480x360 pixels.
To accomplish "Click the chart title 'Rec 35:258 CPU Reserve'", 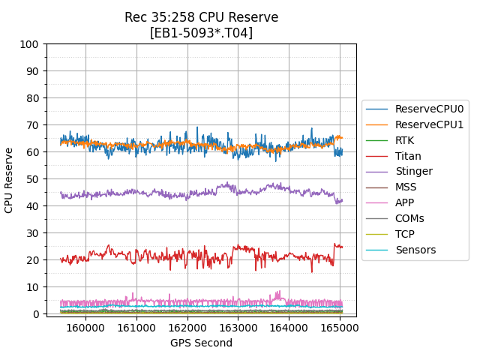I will pos(201,17).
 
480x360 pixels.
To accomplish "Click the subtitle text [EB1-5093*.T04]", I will pos(201,33).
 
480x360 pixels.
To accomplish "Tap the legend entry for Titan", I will pos(408,156).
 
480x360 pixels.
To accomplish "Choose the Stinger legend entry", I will pos(413,172).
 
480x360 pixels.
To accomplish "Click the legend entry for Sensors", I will pos(415,250).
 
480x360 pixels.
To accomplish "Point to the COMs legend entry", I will pos(409,218).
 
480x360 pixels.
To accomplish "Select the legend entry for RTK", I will pos(404,140).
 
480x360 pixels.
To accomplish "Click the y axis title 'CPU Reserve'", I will pos(10,180).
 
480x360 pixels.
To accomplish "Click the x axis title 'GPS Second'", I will pos(201,343).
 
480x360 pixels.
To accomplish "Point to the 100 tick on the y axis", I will pos(30,44).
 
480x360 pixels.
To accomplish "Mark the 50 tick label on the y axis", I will pos(33,179).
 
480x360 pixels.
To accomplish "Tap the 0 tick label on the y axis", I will pos(36,313).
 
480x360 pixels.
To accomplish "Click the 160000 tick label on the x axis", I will pos(85,328).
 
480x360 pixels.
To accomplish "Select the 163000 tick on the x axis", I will pos(238,328).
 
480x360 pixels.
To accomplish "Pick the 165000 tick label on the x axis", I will pos(340,328).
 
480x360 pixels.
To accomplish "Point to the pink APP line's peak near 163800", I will pos(279,292).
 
